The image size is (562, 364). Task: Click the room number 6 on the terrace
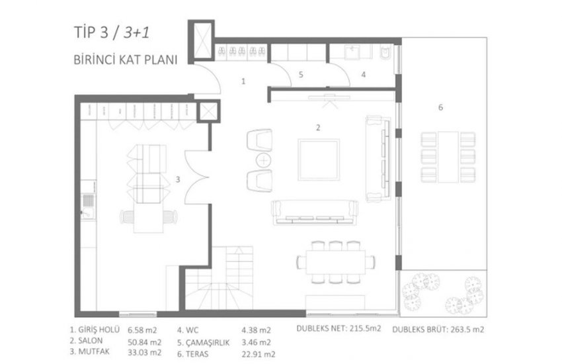point(440,107)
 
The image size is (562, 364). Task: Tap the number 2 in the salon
point(318,128)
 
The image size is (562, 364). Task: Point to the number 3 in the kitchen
point(178,179)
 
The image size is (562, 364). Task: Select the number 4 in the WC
point(364,75)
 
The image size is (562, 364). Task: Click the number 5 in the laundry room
point(301,75)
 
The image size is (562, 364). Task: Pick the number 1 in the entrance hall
point(243,81)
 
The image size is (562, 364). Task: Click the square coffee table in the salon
point(319,159)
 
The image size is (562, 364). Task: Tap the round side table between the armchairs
point(263,160)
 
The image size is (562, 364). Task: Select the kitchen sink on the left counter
point(88,206)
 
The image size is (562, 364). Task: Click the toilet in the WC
point(385,52)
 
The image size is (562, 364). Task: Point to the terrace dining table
point(448,157)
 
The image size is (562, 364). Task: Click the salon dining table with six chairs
point(336,262)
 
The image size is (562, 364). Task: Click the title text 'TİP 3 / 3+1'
point(112,32)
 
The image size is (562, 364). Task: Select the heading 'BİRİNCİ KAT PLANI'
point(126,60)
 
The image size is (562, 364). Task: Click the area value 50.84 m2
point(144,342)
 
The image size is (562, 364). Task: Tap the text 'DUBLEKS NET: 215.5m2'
point(339,328)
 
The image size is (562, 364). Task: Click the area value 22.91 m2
point(258,354)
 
